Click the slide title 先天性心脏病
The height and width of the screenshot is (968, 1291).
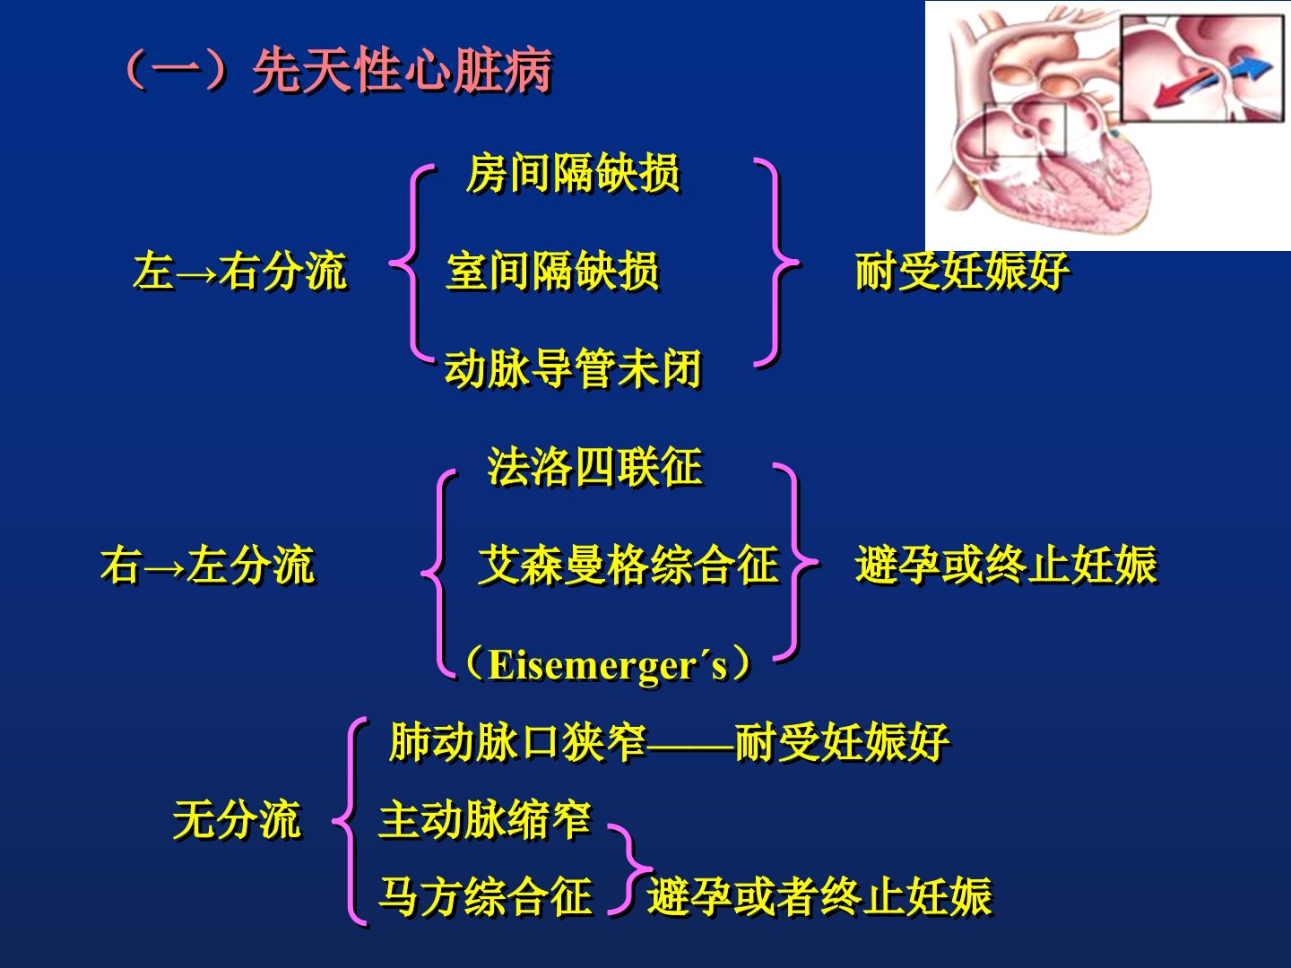point(403,71)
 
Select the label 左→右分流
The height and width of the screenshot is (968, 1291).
point(240,271)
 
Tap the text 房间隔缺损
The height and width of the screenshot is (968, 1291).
point(573,173)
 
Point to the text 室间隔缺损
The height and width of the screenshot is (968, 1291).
point(553,271)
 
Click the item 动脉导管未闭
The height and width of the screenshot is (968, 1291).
point(573,368)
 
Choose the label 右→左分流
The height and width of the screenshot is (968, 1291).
point(208,565)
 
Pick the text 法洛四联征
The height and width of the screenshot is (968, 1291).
point(595,467)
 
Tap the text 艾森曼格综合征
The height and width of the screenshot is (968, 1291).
point(628,565)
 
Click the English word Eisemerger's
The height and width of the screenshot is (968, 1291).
point(608,666)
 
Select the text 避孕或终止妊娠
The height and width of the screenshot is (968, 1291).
point(1006,565)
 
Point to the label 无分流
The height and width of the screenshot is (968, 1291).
point(237,818)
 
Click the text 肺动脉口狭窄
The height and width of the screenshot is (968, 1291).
point(517,742)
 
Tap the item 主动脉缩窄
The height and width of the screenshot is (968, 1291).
point(485,818)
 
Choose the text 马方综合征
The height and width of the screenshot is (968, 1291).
point(485,896)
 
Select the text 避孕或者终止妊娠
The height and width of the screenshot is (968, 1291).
point(820,896)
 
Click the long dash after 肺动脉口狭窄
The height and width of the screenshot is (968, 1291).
point(690,748)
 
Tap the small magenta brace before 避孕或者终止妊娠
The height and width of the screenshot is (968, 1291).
point(630,869)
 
